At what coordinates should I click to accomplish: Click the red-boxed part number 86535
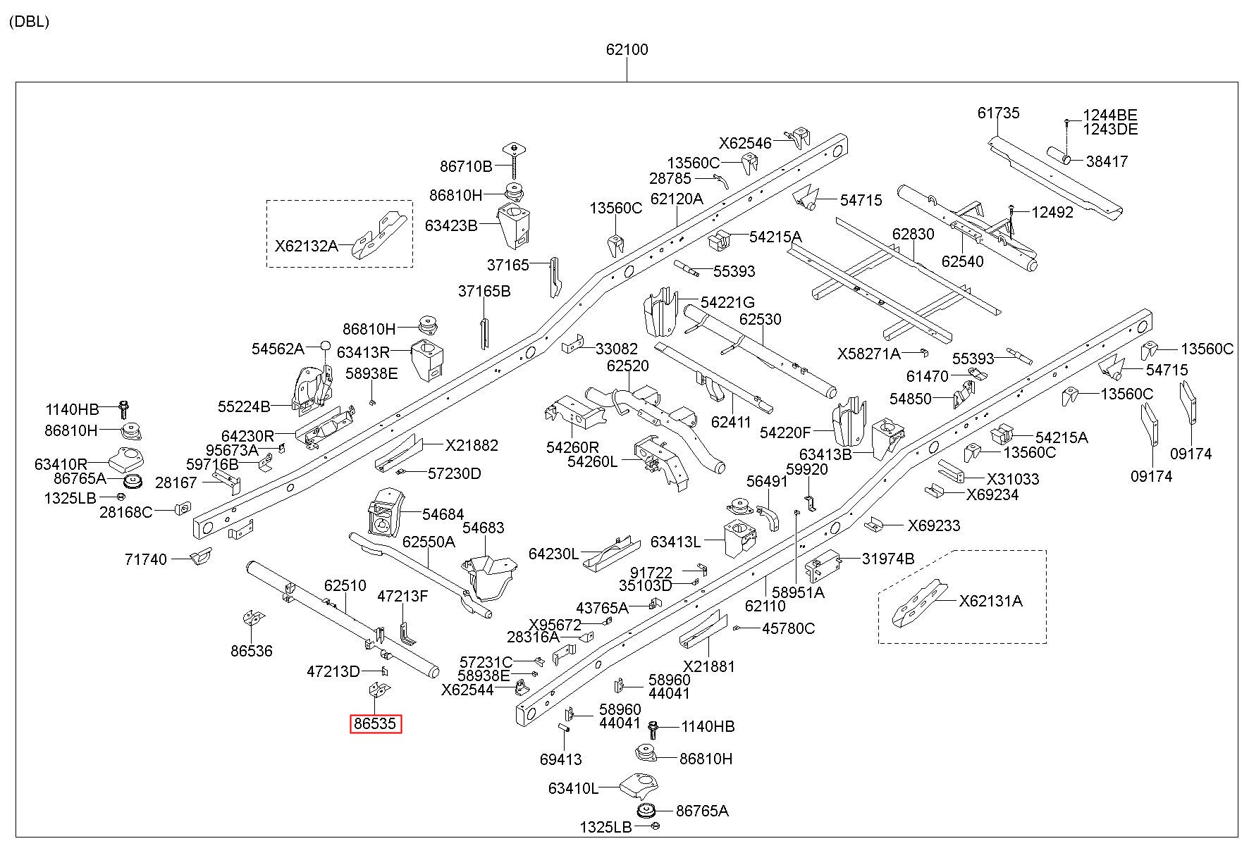pyautogui.click(x=376, y=724)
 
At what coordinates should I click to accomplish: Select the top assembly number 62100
pyautogui.click(x=627, y=50)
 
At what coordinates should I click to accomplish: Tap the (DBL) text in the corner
pyautogui.click(x=30, y=22)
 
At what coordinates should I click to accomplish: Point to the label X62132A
pyautogui.click(x=307, y=247)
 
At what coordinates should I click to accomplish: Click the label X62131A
pyautogui.click(x=990, y=601)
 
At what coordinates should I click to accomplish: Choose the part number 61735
pyautogui.click(x=998, y=113)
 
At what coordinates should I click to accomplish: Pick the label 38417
pyautogui.click(x=1107, y=161)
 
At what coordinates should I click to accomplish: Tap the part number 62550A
pyautogui.click(x=429, y=542)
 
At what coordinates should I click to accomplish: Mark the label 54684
pyautogui.click(x=443, y=515)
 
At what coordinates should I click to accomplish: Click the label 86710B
pyautogui.click(x=466, y=167)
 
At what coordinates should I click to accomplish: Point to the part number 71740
pyautogui.click(x=146, y=560)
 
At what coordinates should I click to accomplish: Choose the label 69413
pyautogui.click(x=561, y=759)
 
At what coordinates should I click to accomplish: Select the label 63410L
pyautogui.click(x=573, y=788)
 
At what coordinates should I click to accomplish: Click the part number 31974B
pyautogui.click(x=887, y=559)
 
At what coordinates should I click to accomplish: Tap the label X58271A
pyautogui.click(x=869, y=354)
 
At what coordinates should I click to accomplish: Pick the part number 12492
pyautogui.click(x=1052, y=212)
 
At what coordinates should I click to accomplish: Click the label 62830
pyautogui.click(x=913, y=234)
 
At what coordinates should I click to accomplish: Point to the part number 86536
pyautogui.click(x=252, y=651)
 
